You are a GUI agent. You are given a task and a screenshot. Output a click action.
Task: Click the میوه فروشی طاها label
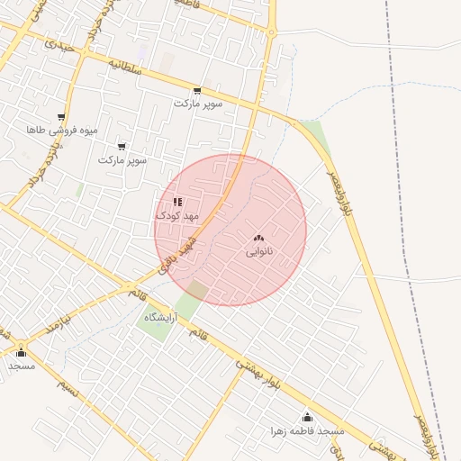[60, 131]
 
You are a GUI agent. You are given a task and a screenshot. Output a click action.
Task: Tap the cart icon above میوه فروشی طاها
[61, 117]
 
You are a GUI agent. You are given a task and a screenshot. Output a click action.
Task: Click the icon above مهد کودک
[177, 203]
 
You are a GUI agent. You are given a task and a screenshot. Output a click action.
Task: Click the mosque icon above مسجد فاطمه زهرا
[308, 417]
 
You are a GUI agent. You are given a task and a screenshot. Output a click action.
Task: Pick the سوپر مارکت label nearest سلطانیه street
[198, 104]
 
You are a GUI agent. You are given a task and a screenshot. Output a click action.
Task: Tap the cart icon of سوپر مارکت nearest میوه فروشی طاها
[122, 146]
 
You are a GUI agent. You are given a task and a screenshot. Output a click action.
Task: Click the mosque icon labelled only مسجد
[21, 351]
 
